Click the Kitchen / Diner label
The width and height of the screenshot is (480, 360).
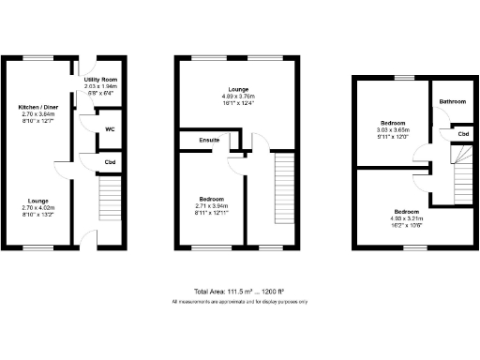tap(37, 109)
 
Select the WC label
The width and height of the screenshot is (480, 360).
tap(110, 128)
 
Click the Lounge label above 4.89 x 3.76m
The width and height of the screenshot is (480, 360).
tap(238, 89)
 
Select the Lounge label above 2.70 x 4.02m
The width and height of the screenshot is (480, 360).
tap(37, 201)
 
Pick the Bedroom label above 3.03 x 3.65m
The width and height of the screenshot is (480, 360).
tap(394, 123)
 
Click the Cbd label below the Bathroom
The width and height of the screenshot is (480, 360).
tap(463, 134)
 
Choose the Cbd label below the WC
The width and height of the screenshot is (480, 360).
tap(110, 162)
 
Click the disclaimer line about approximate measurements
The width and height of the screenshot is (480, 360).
tap(239, 301)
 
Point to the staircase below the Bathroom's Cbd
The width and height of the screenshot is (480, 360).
tap(463, 174)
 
